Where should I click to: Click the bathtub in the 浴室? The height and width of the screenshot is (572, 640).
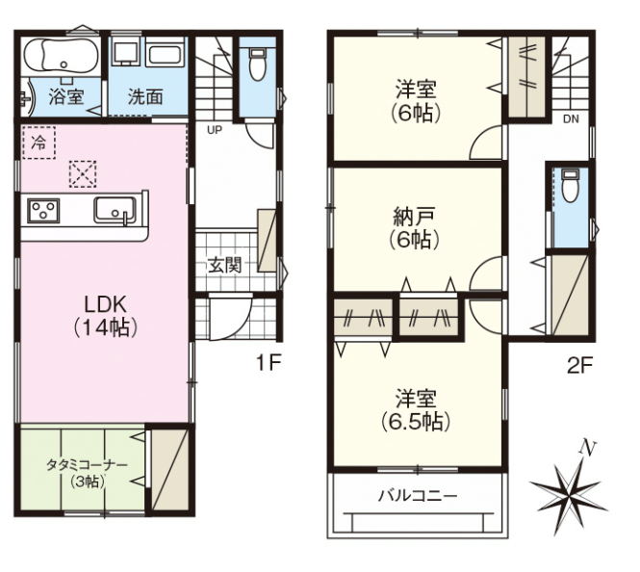(61, 57)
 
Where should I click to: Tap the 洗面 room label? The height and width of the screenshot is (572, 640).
(145, 96)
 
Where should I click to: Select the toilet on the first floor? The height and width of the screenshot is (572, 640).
(257, 64)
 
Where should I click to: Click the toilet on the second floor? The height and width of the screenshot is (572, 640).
(569, 186)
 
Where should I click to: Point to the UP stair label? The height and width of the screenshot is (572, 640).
(215, 130)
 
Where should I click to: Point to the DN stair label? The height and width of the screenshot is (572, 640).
(571, 119)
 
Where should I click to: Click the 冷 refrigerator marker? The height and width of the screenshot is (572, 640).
(38, 143)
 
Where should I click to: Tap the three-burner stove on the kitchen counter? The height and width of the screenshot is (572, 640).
(43, 211)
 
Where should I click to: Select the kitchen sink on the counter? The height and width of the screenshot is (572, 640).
(115, 210)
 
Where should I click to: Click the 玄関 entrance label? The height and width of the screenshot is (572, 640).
(225, 265)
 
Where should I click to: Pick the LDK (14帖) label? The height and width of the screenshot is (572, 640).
(105, 315)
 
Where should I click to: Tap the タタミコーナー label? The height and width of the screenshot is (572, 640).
(87, 465)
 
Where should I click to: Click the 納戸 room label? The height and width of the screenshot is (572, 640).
(414, 217)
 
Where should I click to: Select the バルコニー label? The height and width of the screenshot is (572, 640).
(418, 497)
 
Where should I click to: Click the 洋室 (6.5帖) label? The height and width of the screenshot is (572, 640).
(416, 410)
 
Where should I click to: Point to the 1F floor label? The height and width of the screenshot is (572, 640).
(268, 362)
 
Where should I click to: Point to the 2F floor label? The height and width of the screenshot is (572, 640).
(579, 365)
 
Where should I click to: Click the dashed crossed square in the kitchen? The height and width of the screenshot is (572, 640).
(83, 174)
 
